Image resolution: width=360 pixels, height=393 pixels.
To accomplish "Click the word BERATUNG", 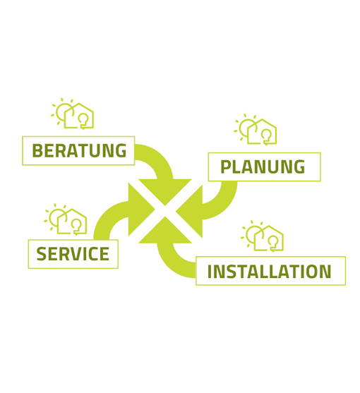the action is pos(79,150).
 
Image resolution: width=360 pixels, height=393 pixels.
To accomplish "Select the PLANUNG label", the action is pos(263,167).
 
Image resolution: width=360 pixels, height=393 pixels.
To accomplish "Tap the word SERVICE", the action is pos(73,253).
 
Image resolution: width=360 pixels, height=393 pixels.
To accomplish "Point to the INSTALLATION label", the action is pos(269,271).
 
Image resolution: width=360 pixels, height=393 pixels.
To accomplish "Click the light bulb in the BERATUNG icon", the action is pos(83,121).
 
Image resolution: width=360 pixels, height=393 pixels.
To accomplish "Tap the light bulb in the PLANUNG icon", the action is pos(266,137).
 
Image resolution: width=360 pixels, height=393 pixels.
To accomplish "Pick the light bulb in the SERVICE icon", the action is pos(76,226).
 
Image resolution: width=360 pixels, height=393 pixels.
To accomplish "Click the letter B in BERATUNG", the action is pos(37,150).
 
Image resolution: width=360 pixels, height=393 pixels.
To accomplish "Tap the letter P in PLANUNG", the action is pos(226,167).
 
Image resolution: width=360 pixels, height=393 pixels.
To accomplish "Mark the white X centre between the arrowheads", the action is pos(165,211).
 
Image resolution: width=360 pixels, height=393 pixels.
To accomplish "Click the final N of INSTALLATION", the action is pos(325,271).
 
